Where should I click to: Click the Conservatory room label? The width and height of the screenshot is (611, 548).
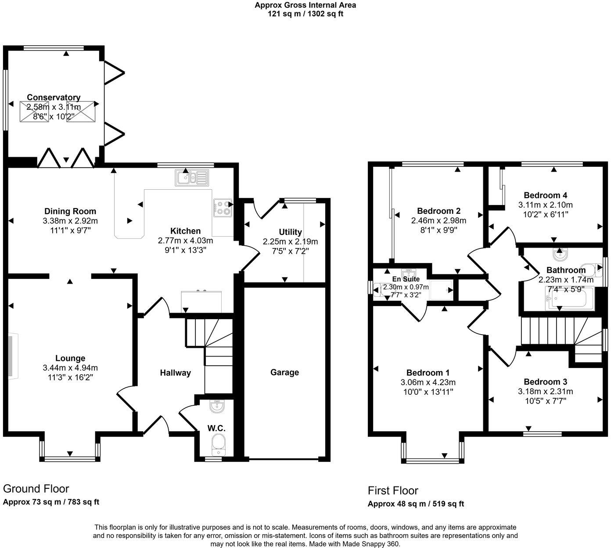[x=54, y=97]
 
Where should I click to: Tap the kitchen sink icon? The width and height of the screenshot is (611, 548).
[x=193, y=178]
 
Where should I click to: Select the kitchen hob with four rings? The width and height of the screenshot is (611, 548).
[x=223, y=208]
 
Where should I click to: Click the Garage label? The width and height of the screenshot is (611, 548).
[x=284, y=372]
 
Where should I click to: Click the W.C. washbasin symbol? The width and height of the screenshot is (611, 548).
[x=217, y=407]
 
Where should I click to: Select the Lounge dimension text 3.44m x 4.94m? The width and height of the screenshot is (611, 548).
[x=70, y=368]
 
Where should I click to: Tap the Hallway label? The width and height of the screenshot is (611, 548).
[x=175, y=373]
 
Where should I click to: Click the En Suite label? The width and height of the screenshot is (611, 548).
[x=406, y=279]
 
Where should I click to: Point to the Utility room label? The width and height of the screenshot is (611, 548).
[x=290, y=232]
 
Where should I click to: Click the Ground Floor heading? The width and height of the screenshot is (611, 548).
[x=36, y=489]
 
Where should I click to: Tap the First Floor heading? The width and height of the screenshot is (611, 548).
[x=393, y=490]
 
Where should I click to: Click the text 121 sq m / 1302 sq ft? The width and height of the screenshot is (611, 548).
[x=305, y=14]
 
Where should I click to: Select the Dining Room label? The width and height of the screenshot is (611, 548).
[x=70, y=211]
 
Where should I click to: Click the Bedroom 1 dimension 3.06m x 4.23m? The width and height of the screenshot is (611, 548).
[x=428, y=382]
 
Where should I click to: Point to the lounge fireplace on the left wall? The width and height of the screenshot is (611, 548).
[x=13, y=356]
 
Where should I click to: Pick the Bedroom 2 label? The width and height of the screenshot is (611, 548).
[x=438, y=211]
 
